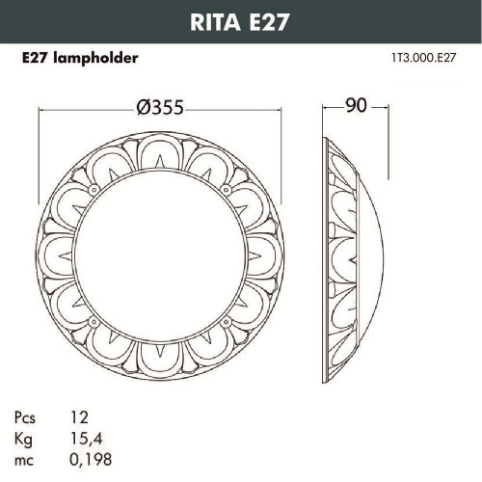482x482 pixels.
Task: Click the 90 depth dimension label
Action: (x=357, y=107)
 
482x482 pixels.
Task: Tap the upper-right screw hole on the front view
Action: (x=228, y=190)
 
